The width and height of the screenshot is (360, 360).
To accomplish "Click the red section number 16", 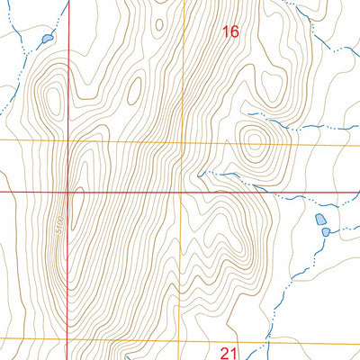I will click(x=230, y=31).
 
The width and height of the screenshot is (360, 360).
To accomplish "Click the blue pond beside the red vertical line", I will click(x=45, y=39).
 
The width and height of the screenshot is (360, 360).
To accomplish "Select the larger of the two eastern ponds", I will click(x=319, y=220).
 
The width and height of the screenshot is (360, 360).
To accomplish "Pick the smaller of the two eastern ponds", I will click(x=327, y=232).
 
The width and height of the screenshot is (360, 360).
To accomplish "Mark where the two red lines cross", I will click(x=69, y=192).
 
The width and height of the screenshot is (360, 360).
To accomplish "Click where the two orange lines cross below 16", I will click(x=184, y=142).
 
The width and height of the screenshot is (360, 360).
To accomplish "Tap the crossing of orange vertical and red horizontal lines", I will click(x=183, y=192).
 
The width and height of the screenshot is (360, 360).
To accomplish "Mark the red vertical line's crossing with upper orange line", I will click(x=69, y=141).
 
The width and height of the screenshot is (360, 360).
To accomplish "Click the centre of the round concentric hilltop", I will click(x=253, y=139).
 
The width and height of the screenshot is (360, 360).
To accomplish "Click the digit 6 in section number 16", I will click(x=235, y=31).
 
